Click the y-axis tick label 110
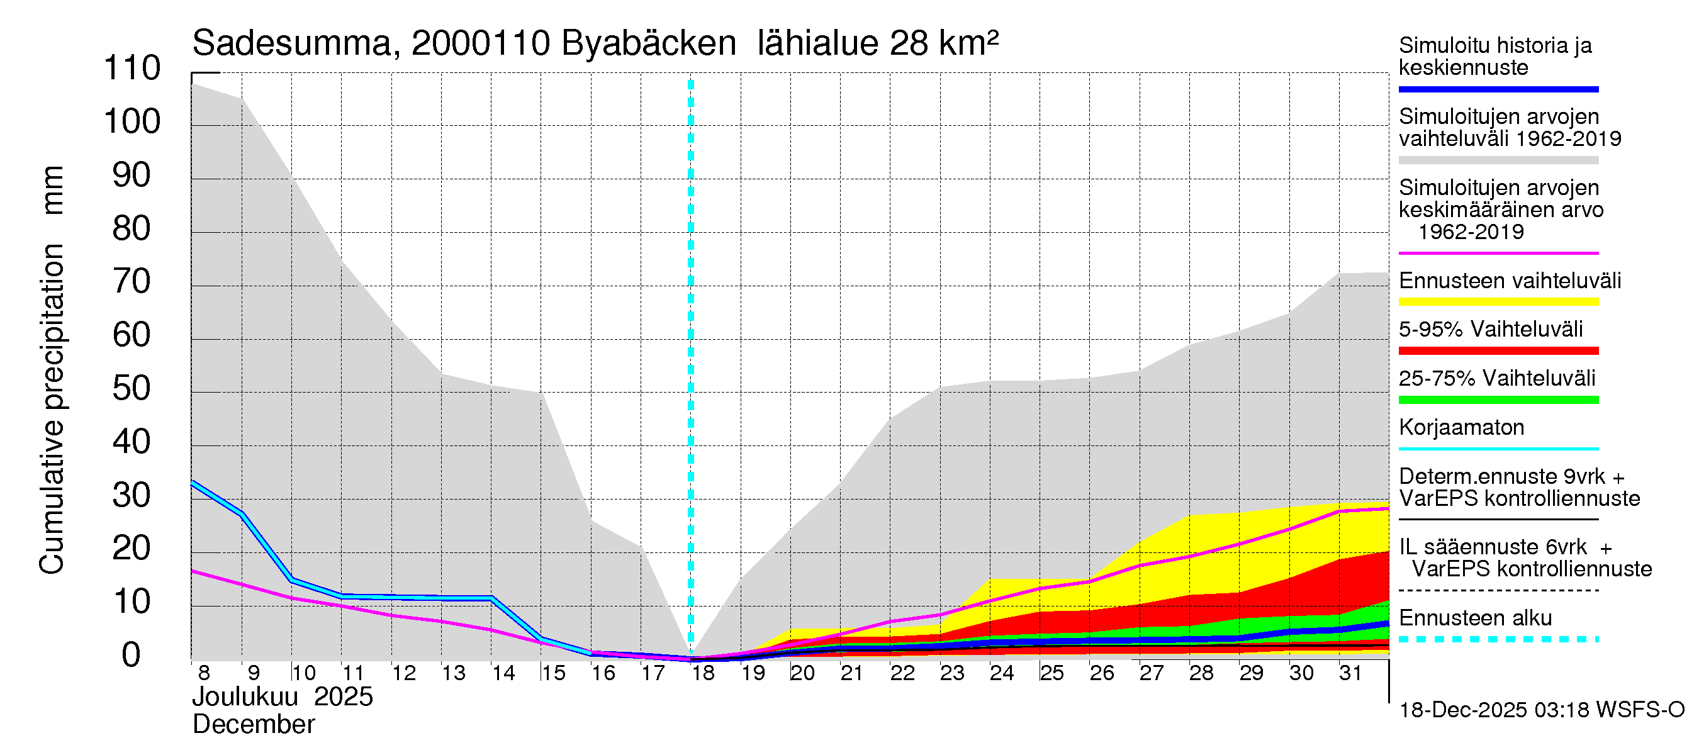132,69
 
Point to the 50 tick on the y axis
132,389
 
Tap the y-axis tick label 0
132,656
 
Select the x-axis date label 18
703,673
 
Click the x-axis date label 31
1350,673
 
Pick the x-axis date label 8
204,673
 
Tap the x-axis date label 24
1001,673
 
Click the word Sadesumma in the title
291,44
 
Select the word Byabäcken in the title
648,44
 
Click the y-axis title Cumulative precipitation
52,409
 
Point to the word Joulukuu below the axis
245,697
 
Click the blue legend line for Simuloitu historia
1498,89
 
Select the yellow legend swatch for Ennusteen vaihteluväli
1498,302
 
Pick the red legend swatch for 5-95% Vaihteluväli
1498,351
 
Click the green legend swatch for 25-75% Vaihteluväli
1498,400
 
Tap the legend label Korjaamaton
1462,427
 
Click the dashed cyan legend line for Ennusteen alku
1498,639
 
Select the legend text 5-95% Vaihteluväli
1491,329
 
